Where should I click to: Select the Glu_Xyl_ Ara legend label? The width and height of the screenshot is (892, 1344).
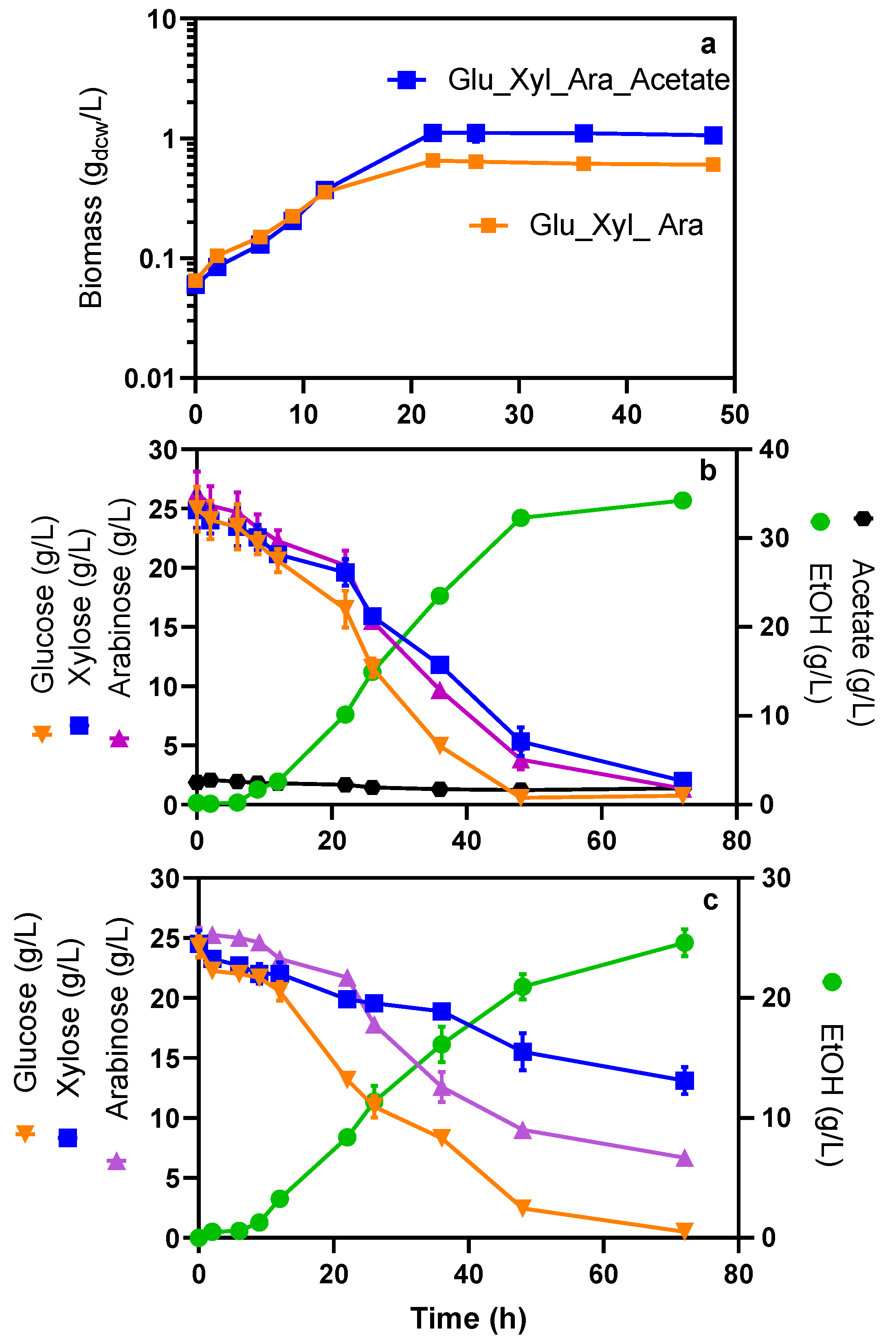(x=616, y=225)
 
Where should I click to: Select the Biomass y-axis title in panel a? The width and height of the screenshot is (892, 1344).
(x=91, y=198)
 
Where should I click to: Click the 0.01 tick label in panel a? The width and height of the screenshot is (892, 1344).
(x=149, y=379)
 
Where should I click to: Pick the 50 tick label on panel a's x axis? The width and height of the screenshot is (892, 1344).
(x=734, y=415)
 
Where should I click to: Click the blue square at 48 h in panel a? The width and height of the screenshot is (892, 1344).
(x=713, y=135)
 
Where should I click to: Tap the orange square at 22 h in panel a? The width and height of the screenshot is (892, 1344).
(x=433, y=160)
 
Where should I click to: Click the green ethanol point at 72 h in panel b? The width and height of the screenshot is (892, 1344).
(x=683, y=501)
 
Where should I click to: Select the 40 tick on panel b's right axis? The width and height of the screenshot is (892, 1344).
(x=774, y=449)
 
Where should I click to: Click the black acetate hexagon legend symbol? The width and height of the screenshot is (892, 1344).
(x=863, y=519)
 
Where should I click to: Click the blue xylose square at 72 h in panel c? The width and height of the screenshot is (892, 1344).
(x=685, y=1080)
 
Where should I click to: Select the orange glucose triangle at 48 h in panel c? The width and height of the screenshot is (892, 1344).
(x=523, y=1208)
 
